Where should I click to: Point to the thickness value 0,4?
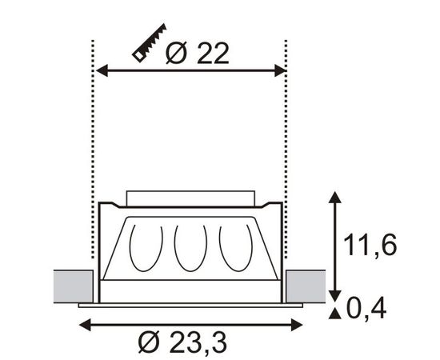point(367,307)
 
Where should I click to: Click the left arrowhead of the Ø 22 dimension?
point(102,72)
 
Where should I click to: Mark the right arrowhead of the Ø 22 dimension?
point(280,72)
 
